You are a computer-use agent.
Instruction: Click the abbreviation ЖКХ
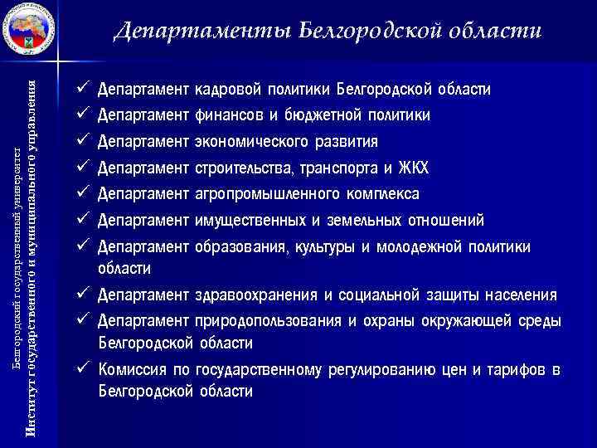point(413,168)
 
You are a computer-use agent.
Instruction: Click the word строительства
point(242,168)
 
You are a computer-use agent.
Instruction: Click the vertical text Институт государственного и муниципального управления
point(31,257)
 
